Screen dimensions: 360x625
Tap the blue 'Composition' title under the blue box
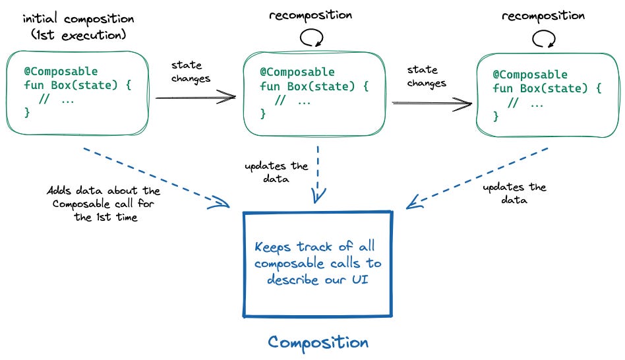click(318, 342)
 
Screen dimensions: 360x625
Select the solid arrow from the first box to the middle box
click(195, 98)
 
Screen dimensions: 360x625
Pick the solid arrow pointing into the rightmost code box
click(432, 103)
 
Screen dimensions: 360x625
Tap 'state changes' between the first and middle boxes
click(191, 72)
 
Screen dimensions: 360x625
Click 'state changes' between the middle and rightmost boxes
click(426, 76)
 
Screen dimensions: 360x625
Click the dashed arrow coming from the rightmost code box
click(477, 177)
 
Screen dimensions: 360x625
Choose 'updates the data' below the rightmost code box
click(514, 193)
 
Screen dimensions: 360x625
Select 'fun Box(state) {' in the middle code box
click(314, 86)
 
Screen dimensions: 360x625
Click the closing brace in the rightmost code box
click(496, 116)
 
